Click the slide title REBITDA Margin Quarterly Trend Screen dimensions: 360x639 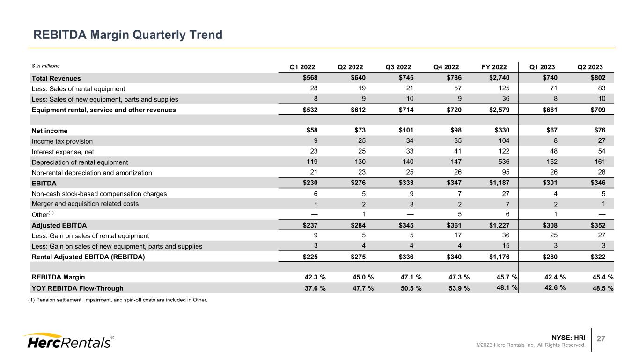coord(127,35)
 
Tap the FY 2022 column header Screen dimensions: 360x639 coord(495,66)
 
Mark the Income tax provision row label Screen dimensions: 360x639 coord(62,141)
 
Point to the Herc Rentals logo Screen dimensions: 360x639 coord(67,341)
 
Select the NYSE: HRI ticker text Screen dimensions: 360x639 coord(568,337)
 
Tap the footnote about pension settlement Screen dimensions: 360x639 coord(118,300)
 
